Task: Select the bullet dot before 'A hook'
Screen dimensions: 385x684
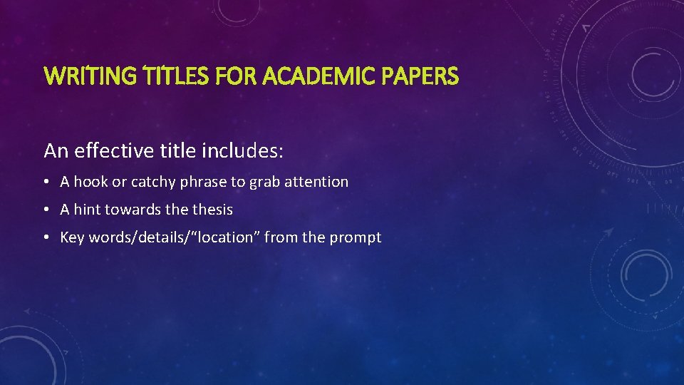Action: click(x=46, y=183)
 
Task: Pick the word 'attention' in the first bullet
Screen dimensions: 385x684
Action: click(x=316, y=182)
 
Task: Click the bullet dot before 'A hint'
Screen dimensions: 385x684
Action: click(x=46, y=210)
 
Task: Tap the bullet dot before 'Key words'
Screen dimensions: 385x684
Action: click(x=46, y=238)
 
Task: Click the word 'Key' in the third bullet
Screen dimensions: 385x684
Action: click(x=72, y=237)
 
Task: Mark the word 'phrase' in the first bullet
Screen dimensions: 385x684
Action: click(x=204, y=183)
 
